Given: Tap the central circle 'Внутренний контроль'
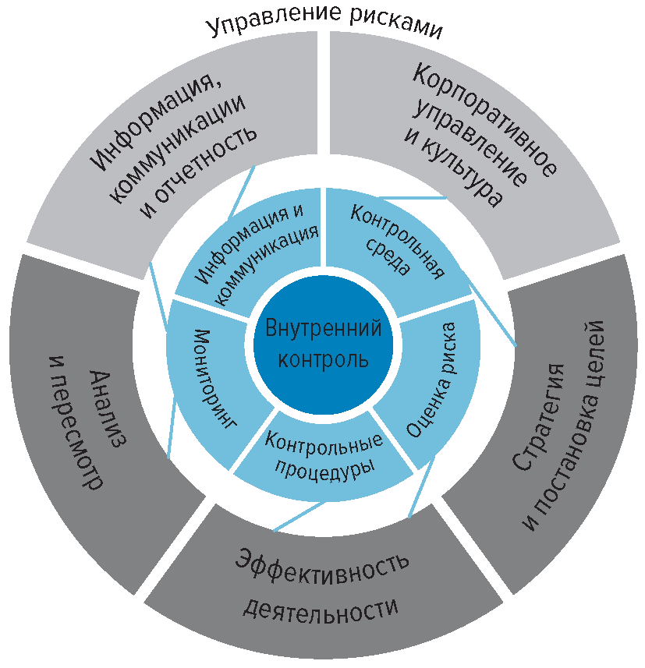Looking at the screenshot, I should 323,344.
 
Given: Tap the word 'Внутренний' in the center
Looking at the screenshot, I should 323,328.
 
